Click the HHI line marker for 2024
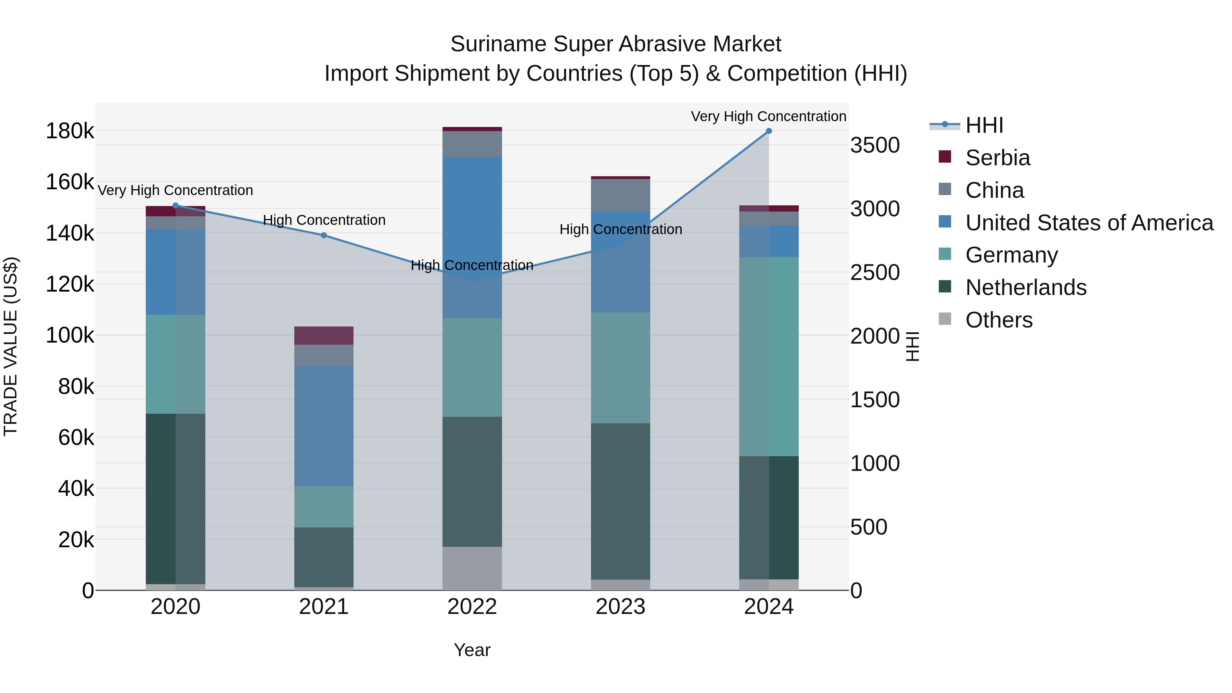click(769, 131)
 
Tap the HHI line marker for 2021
click(324, 235)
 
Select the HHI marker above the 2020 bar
click(176, 206)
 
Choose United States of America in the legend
click(1089, 223)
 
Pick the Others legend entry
click(999, 320)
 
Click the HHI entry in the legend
click(984, 125)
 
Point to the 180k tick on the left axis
click(70, 131)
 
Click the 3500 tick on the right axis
click(875, 145)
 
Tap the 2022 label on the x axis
click(472, 607)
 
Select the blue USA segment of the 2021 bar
click(324, 426)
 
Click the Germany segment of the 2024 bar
click(769, 356)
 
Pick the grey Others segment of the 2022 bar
click(472, 568)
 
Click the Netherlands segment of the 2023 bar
click(620, 501)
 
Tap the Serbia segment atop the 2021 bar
click(324, 335)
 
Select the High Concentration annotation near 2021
click(324, 220)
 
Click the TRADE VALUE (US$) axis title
click(11, 346)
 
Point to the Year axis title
click(472, 650)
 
